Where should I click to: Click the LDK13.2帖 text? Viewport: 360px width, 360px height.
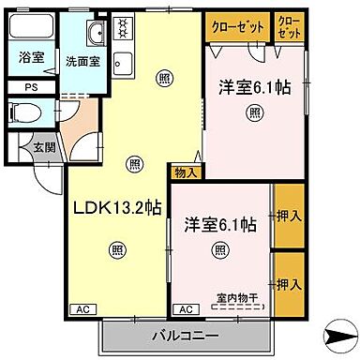(109, 207)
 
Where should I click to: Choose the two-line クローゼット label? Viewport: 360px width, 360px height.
(288, 25)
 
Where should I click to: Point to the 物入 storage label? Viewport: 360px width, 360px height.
(185, 172)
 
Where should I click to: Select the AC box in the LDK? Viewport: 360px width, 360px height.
(82, 308)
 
